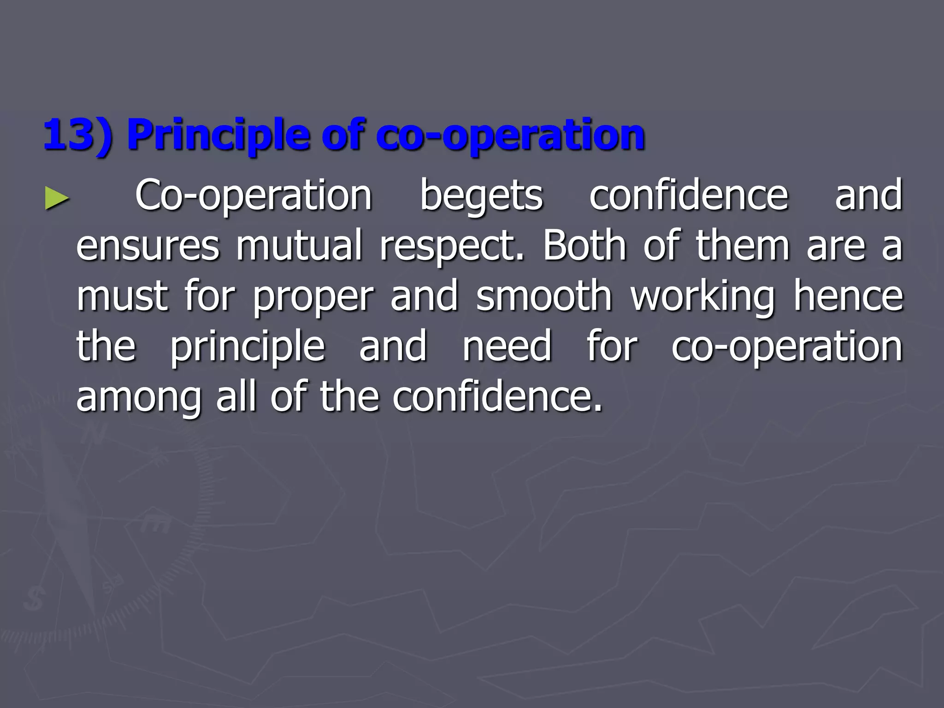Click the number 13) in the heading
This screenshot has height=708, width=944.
77,135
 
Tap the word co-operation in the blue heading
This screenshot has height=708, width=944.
510,135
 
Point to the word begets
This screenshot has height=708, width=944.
481,196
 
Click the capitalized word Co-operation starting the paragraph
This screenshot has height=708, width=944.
254,196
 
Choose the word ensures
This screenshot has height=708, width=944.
147,246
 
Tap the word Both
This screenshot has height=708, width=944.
584,245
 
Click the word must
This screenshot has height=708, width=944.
122,296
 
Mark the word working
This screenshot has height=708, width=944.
702,296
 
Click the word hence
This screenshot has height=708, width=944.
848,296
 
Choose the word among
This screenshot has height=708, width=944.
138,397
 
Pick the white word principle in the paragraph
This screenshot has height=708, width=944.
248,347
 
